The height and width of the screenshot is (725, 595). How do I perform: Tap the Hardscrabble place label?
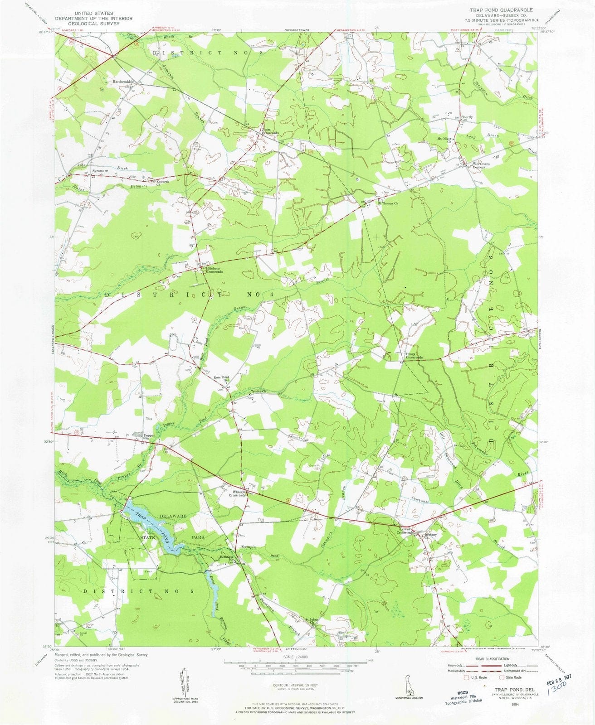pyautogui.click(x=123, y=82)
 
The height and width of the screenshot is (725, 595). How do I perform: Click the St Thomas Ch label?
pyautogui.click(x=388, y=203)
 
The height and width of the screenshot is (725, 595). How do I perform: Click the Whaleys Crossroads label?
pyautogui.click(x=239, y=493)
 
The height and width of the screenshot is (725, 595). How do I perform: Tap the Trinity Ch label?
pyautogui.click(x=258, y=391)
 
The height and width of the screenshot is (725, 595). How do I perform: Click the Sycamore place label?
pyautogui.click(x=100, y=171)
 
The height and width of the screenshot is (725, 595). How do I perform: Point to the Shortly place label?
pyautogui.click(x=467, y=117)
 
